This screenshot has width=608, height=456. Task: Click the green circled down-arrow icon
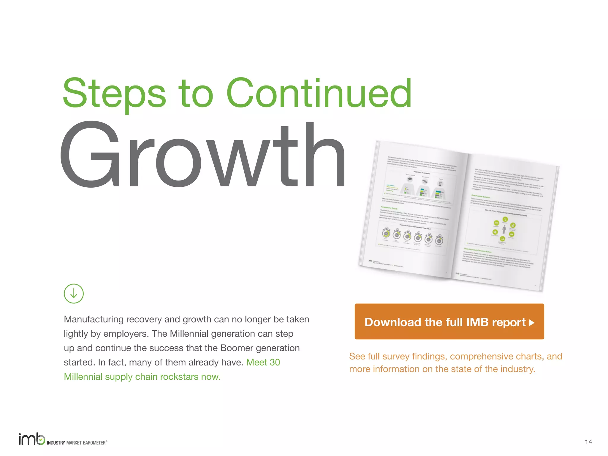tap(74, 294)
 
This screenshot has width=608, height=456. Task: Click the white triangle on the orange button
tap(532, 323)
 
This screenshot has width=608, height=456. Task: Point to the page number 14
tap(588, 442)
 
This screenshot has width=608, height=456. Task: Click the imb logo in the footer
tap(32, 439)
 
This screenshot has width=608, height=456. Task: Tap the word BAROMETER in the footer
tap(94, 443)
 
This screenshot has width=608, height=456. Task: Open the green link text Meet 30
tap(263, 362)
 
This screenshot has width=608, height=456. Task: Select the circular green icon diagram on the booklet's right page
tap(504, 229)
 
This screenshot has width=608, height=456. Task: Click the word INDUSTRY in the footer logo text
tap(56, 443)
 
